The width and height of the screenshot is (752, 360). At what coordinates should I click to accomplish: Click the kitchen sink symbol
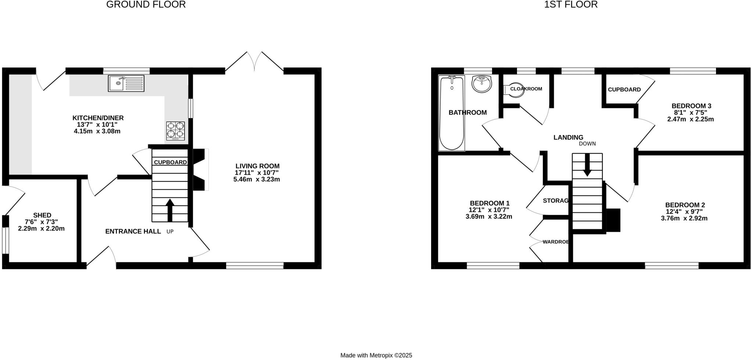coord(126,83)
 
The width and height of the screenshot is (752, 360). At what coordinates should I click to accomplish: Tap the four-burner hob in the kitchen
coord(176,131)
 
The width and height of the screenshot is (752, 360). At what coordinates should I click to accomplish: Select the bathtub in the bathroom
coord(452,113)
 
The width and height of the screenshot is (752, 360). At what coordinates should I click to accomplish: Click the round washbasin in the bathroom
coord(481,84)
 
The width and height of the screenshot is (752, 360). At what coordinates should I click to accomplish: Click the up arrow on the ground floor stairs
coord(170,210)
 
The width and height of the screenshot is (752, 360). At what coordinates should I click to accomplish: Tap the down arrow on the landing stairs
coord(587,164)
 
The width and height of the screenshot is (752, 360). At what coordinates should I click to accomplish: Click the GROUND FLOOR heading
coord(146,4)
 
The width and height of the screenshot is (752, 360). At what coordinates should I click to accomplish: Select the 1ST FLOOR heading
coord(571,4)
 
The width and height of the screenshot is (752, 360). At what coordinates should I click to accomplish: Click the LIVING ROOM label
coord(257,166)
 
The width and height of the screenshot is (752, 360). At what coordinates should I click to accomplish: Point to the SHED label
coord(42,215)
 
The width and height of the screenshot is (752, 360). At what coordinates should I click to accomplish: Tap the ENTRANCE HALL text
coord(133,231)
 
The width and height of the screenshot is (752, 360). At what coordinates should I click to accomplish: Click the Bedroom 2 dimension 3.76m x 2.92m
coord(684,218)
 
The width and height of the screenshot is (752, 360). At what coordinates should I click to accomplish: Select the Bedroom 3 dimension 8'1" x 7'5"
coord(690,113)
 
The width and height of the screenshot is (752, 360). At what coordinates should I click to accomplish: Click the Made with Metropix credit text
coord(376,355)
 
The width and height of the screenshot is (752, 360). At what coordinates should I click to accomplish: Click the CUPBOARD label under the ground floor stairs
coord(170,162)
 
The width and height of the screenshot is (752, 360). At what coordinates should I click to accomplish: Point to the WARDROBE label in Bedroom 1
coord(556,242)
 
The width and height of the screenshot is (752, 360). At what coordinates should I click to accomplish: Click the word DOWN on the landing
coord(587,143)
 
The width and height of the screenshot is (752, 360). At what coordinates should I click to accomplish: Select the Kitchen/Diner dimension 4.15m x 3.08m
coord(97,131)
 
